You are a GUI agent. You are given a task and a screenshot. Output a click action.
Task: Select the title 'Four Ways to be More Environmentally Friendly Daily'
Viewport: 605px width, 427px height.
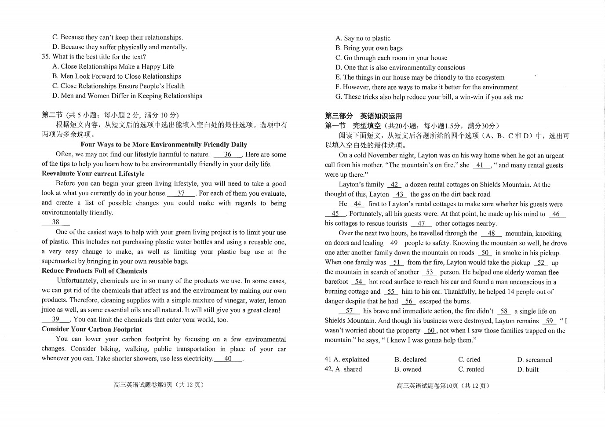(x=164, y=145)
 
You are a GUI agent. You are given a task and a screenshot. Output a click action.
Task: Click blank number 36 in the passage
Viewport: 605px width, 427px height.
(x=227, y=154)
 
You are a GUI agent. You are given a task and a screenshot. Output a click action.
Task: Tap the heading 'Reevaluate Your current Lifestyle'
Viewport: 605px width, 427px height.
(x=93, y=174)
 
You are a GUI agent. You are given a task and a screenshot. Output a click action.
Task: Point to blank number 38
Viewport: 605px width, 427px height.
(x=55, y=222)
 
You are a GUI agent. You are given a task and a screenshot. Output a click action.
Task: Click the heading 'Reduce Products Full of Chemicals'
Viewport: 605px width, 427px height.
(x=94, y=271)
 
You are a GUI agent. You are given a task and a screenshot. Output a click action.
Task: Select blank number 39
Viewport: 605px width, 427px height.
(x=55, y=320)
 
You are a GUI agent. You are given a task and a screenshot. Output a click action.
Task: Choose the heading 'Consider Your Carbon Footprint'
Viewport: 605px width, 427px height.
(x=91, y=329)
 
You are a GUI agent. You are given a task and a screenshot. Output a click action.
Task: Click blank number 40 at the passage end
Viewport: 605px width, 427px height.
(x=228, y=358)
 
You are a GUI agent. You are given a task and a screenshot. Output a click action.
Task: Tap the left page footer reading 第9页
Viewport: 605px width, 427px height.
(x=159, y=385)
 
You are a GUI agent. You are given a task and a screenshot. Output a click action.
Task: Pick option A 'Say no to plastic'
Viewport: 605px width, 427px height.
(x=363, y=38)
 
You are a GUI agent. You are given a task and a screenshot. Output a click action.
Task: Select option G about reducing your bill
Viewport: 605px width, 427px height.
(x=429, y=97)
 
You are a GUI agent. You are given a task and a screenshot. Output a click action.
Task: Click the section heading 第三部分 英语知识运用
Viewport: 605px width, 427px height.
(x=363, y=116)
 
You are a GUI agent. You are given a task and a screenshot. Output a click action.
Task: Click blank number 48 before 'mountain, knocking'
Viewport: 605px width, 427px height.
(x=491, y=234)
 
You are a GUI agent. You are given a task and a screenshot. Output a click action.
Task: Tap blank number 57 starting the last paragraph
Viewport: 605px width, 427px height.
(x=349, y=311)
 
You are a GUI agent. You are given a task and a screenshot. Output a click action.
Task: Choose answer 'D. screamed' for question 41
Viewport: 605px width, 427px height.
(x=534, y=360)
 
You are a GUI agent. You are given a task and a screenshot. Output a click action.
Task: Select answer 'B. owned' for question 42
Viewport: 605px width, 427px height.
(x=408, y=369)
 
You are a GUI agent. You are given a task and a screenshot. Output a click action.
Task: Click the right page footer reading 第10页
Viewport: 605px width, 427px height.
(x=443, y=386)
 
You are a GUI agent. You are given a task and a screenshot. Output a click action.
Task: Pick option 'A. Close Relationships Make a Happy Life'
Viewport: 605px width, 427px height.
(x=113, y=66)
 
